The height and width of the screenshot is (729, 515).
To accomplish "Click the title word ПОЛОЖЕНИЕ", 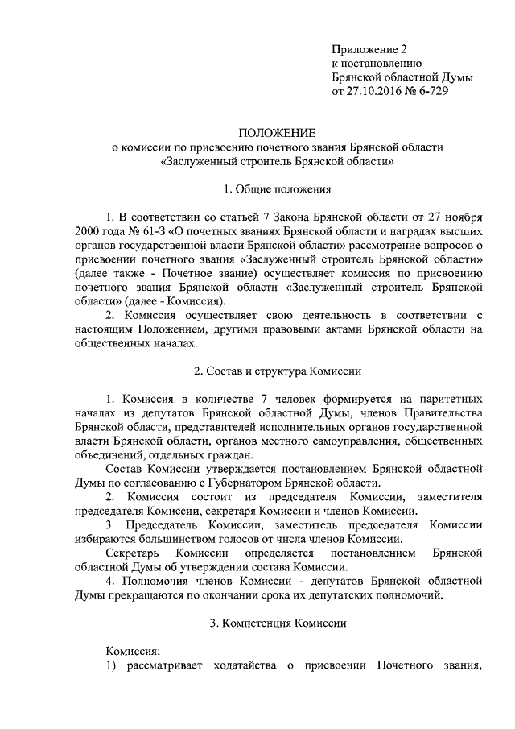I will pos(276,132).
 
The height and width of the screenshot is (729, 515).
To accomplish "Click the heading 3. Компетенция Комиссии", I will pos(276,623).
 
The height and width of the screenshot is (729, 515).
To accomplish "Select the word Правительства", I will pos(443,412).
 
